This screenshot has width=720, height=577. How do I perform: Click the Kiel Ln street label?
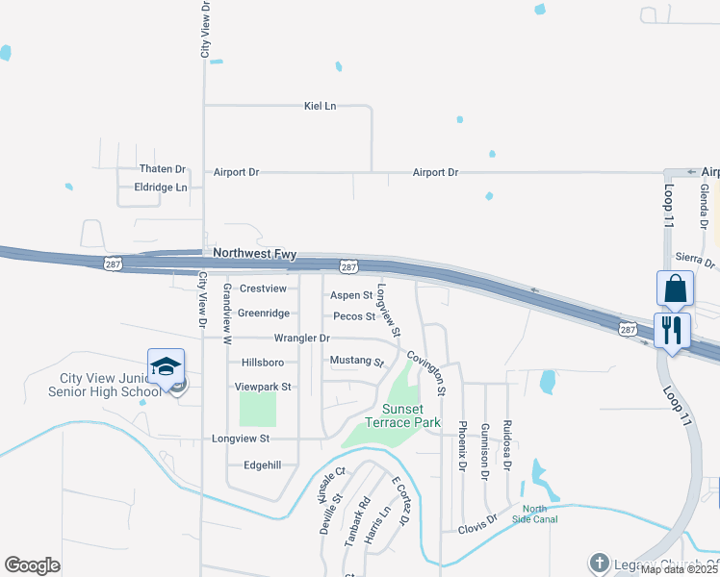320,106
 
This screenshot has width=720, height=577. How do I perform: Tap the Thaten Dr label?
162,169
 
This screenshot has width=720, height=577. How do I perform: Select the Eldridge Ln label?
161,188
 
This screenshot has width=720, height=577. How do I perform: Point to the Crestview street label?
263,288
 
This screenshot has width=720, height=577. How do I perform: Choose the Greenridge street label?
263,314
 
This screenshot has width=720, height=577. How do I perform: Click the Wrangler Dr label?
301,339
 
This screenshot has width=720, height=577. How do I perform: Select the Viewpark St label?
263,387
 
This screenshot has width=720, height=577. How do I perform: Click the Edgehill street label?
262,464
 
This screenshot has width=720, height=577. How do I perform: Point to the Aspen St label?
351,295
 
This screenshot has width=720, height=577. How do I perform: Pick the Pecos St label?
353,316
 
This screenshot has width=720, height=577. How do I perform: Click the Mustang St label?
356,362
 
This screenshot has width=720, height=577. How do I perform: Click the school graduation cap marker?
166,366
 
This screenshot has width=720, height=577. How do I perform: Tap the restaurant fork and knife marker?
671,330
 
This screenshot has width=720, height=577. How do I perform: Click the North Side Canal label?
540,514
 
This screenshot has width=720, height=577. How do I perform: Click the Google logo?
32,565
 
